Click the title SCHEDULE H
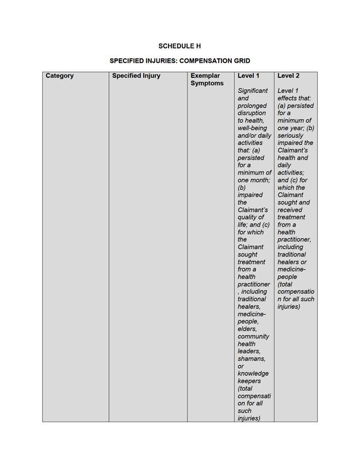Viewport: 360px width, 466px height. click(x=179, y=46)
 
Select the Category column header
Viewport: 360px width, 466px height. click(x=59, y=76)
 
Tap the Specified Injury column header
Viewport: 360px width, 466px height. click(x=136, y=76)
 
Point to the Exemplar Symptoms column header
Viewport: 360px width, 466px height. click(x=207, y=80)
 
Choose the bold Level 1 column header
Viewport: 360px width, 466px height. click(x=248, y=76)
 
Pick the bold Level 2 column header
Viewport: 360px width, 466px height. click(x=288, y=76)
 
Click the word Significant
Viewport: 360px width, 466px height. click(x=253, y=91)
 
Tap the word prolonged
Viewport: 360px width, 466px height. click(x=252, y=106)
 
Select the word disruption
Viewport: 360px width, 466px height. click(x=252, y=113)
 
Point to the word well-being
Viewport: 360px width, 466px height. click(x=252, y=128)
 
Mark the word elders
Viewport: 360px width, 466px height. click(x=249, y=329)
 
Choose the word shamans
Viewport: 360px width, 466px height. click(x=252, y=359)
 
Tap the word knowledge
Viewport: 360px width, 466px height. click(x=253, y=374)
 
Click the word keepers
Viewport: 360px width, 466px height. click(x=249, y=381)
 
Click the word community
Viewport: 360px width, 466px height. click(x=253, y=337)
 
